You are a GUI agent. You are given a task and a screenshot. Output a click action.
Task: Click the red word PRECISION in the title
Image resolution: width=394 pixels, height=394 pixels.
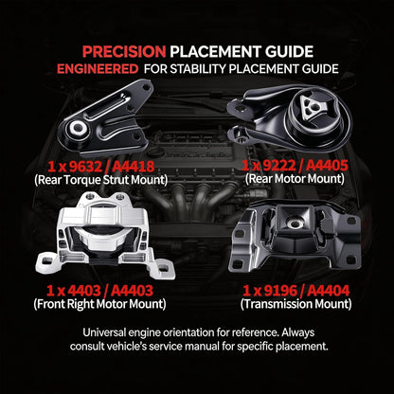pyautogui.click(x=124, y=52)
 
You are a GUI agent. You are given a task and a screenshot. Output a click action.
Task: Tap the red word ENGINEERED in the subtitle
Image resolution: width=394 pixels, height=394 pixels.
pyautogui.click(x=98, y=69)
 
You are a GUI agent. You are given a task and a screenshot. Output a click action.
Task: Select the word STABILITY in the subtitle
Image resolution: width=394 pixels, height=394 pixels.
pyautogui.click(x=199, y=69)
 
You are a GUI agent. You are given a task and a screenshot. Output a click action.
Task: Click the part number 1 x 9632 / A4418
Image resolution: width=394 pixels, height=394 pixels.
pyautogui.click(x=101, y=167)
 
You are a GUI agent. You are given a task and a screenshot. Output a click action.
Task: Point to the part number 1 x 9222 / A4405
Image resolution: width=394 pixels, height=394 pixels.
pyautogui.click(x=295, y=165)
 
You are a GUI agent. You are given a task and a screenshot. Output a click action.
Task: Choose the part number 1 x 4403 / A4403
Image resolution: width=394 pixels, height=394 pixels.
pyautogui.click(x=99, y=291)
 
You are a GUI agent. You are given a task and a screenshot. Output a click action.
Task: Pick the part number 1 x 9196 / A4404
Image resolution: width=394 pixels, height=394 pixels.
pyautogui.click(x=296, y=291)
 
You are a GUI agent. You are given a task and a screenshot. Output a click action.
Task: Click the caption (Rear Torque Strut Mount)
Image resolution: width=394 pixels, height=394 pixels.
pyautogui.click(x=100, y=180)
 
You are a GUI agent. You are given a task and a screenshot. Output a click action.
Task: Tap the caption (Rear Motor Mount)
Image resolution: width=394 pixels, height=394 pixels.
pyautogui.click(x=295, y=179)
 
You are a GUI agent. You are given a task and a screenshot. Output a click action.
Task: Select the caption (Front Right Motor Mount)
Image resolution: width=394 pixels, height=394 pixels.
pyautogui.click(x=99, y=304)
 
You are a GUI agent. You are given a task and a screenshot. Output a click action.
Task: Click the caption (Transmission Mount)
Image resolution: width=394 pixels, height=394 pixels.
pyautogui.click(x=295, y=304)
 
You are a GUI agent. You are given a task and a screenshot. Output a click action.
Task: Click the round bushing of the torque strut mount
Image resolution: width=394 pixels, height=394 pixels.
pyautogui.click(x=77, y=128)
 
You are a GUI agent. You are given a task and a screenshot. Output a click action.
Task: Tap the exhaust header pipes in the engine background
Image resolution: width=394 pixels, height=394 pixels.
pyautogui.click(x=196, y=196)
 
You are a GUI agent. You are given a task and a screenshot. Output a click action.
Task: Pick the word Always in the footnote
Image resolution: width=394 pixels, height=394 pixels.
pyautogui.click(x=298, y=332)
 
